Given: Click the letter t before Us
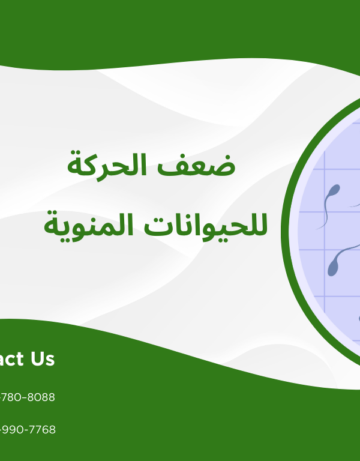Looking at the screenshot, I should pyautogui.click(x=20, y=359).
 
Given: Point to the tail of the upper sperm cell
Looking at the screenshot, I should pyautogui.click(x=326, y=213).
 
